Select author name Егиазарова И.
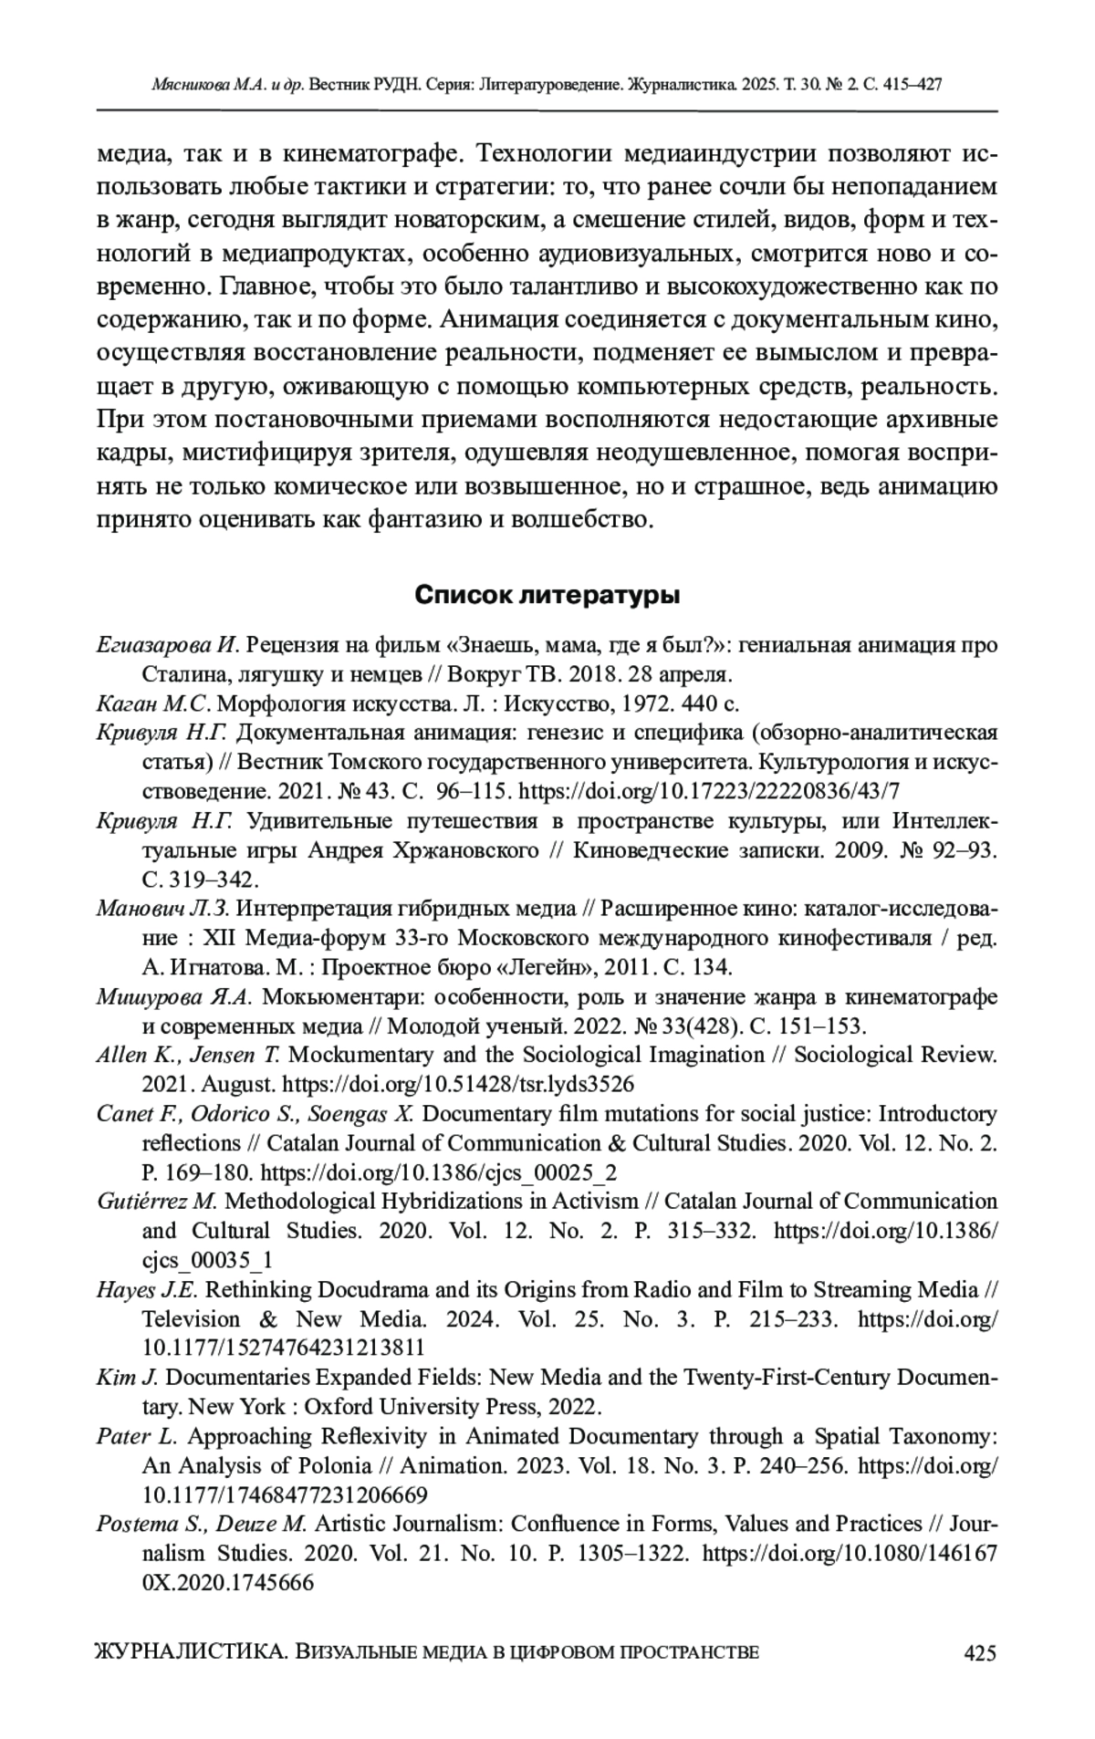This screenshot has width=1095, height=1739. (x=166, y=646)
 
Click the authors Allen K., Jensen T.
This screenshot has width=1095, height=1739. (x=187, y=1055)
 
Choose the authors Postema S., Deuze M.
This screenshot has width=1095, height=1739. (x=203, y=1524)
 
